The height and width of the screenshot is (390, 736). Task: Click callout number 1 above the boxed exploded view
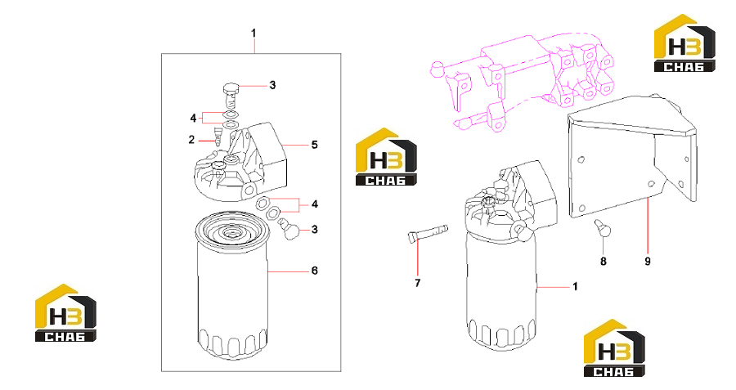[x=254, y=34]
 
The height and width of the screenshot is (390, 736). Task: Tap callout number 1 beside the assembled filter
[x=575, y=286]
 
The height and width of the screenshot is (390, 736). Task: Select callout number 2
[x=191, y=139]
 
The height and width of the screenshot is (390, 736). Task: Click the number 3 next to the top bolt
[x=272, y=85]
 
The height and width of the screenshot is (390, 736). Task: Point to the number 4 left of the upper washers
[x=193, y=119]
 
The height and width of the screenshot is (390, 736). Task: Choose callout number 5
[x=315, y=145]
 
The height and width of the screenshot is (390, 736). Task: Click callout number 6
[x=315, y=271]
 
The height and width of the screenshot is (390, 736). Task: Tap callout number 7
[x=418, y=283]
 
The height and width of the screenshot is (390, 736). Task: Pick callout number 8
[x=604, y=262]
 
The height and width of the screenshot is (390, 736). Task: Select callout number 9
[x=648, y=262]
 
